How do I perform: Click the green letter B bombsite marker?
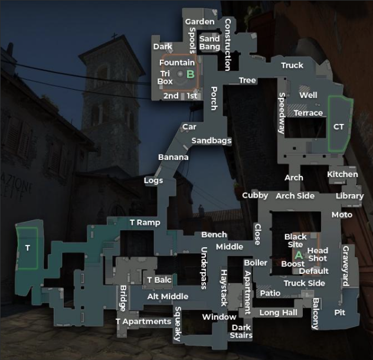pyautogui.click(x=190, y=74)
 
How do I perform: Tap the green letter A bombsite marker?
pyautogui.click(x=298, y=254)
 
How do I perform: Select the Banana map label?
pyautogui.click(x=174, y=157)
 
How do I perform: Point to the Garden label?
pyautogui.click(x=199, y=22)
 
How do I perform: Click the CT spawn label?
pyautogui.click(x=338, y=126)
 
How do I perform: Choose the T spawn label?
pyautogui.click(x=27, y=248)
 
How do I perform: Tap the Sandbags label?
pyautogui.click(x=211, y=140)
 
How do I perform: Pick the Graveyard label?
pyautogui.click(x=345, y=266)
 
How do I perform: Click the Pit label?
pyautogui.click(x=339, y=312)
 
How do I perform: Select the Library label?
pyautogui.click(x=349, y=196)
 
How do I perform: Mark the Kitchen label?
pyautogui.click(x=342, y=174)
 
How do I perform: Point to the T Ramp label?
pyautogui.click(x=145, y=222)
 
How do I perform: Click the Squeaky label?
pyautogui.click(x=177, y=323)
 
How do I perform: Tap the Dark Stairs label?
pyautogui.click(x=241, y=331)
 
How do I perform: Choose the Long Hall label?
pyautogui.click(x=278, y=312)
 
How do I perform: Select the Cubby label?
pyautogui.click(x=255, y=195)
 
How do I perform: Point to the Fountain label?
pyautogui.click(x=177, y=62)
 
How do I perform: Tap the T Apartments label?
pyautogui.click(x=143, y=321)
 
